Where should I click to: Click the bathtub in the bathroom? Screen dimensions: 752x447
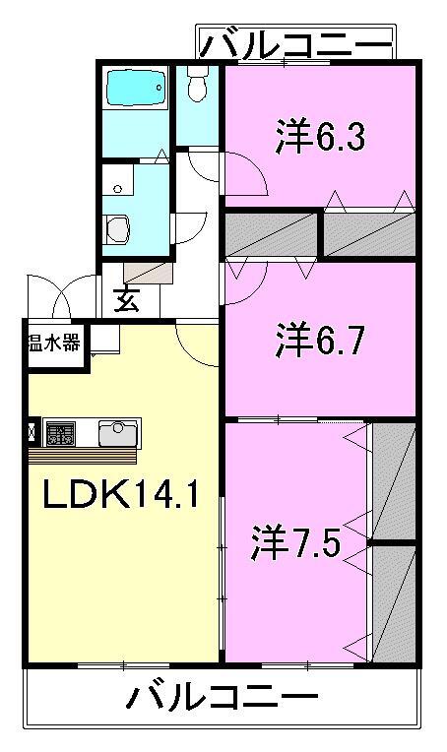click(136, 92)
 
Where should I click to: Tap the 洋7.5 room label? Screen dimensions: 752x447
click(295, 540)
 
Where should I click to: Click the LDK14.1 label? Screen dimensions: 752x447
click(120, 492)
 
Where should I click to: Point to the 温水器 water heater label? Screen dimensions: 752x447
click(54, 344)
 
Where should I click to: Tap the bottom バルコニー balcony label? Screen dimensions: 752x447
click(223, 700)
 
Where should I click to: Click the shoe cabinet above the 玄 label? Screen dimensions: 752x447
click(148, 272)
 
